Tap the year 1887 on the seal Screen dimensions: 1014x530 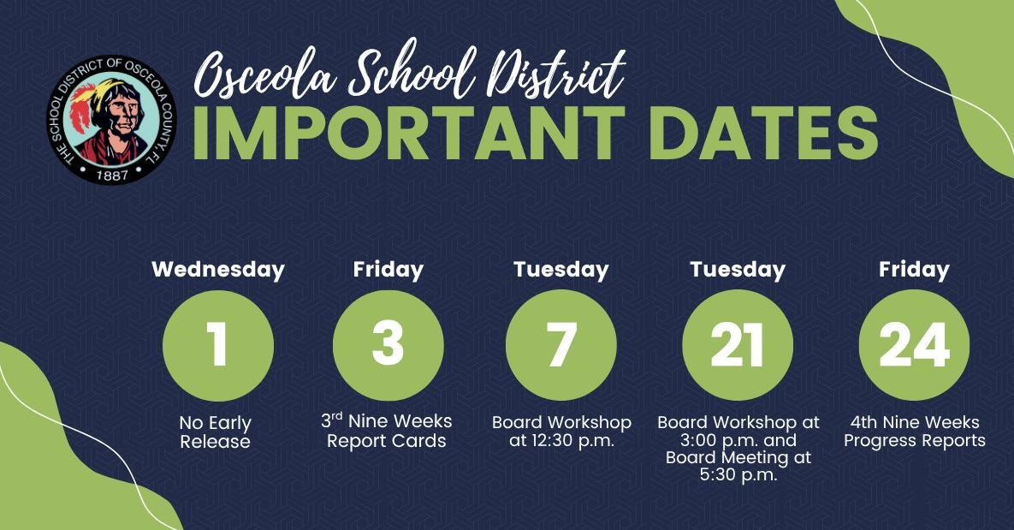coord(112,175)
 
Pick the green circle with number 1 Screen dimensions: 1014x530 coord(218,346)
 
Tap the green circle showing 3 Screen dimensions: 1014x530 coord(388,345)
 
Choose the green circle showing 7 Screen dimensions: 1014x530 coord(560,345)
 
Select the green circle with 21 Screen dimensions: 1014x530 coord(738,345)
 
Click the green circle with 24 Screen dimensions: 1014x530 coord(914,345)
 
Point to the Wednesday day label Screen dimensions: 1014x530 coord(218,270)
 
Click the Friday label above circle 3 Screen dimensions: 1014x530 coord(388,270)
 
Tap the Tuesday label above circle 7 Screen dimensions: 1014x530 coord(560,270)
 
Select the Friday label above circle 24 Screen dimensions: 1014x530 coord(914,270)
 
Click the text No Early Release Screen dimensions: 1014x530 coord(216,432)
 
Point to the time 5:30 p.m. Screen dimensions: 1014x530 coord(738,476)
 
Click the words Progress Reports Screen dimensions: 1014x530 coord(915,441)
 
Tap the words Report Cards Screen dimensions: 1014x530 coord(386,441)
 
